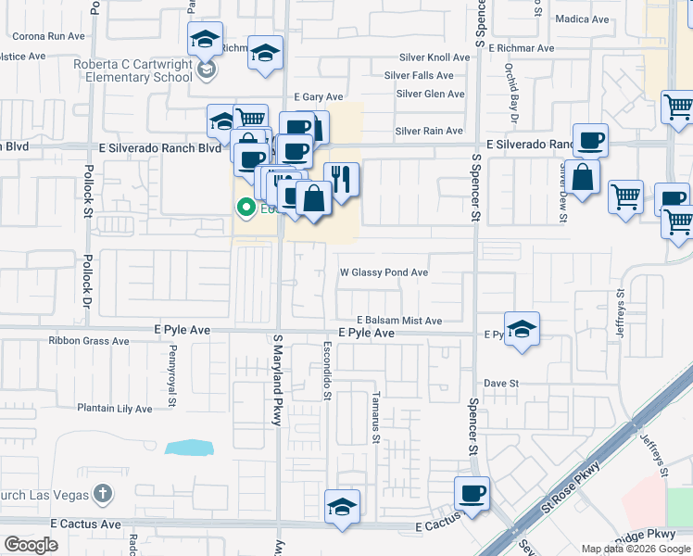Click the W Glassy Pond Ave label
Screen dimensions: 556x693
(x=384, y=272)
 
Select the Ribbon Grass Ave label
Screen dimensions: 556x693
(x=89, y=341)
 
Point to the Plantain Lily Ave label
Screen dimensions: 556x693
(x=114, y=409)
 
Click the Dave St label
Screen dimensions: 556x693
(x=501, y=383)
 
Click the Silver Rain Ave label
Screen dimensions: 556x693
(x=429, y=132)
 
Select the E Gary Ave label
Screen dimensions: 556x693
(x=319, y=97)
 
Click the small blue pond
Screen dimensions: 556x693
(x=188, y=448)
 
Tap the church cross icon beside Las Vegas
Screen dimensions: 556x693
(x=103, y=494)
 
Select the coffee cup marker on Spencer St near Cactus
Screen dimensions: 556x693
(x=472, y=492)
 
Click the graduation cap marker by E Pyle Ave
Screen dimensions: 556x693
(x=523, y=328)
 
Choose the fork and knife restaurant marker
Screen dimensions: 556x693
(x=342, y=179)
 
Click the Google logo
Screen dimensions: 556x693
(x=31, y=545)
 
